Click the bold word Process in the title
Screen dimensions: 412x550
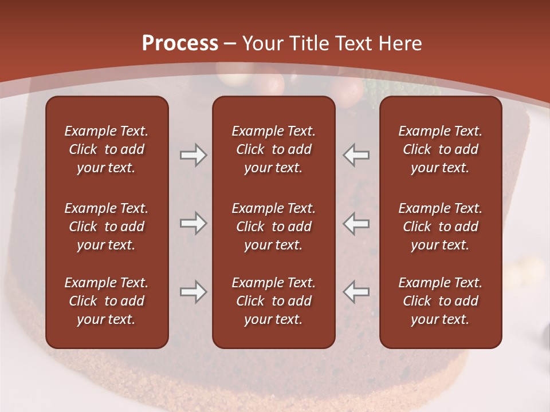180,43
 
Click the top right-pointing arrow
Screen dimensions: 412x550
193,155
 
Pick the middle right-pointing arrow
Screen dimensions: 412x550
193,223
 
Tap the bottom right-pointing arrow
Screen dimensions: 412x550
193,292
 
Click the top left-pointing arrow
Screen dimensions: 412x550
356,155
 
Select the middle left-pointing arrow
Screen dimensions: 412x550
356,223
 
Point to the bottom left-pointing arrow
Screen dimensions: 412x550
356,292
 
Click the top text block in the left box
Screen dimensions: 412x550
107,149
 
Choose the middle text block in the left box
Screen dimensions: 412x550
107,227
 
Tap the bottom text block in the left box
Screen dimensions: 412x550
107,301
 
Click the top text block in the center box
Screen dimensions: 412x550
273,149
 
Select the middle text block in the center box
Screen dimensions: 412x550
273,227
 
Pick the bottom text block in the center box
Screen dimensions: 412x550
273,301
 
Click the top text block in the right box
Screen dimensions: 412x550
440,149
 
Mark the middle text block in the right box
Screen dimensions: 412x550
440,227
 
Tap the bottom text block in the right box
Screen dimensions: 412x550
440,301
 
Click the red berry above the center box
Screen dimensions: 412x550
273,85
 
